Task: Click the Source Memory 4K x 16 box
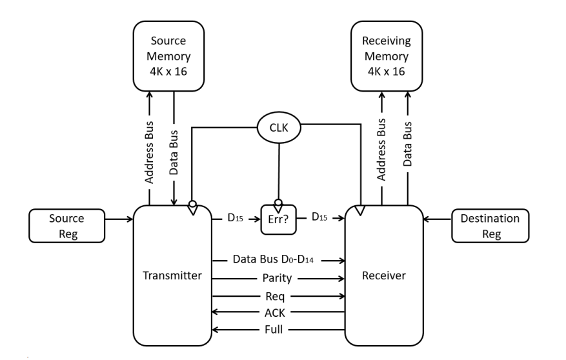point(168,56)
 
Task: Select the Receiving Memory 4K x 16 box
point(386,56)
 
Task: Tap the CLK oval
point(278,128)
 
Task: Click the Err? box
point(278,219)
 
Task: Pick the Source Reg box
point(66,226)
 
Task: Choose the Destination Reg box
point(490,226)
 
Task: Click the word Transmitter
point(172,276)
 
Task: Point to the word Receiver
point(384,276)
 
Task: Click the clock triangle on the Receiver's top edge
point(359,210)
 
